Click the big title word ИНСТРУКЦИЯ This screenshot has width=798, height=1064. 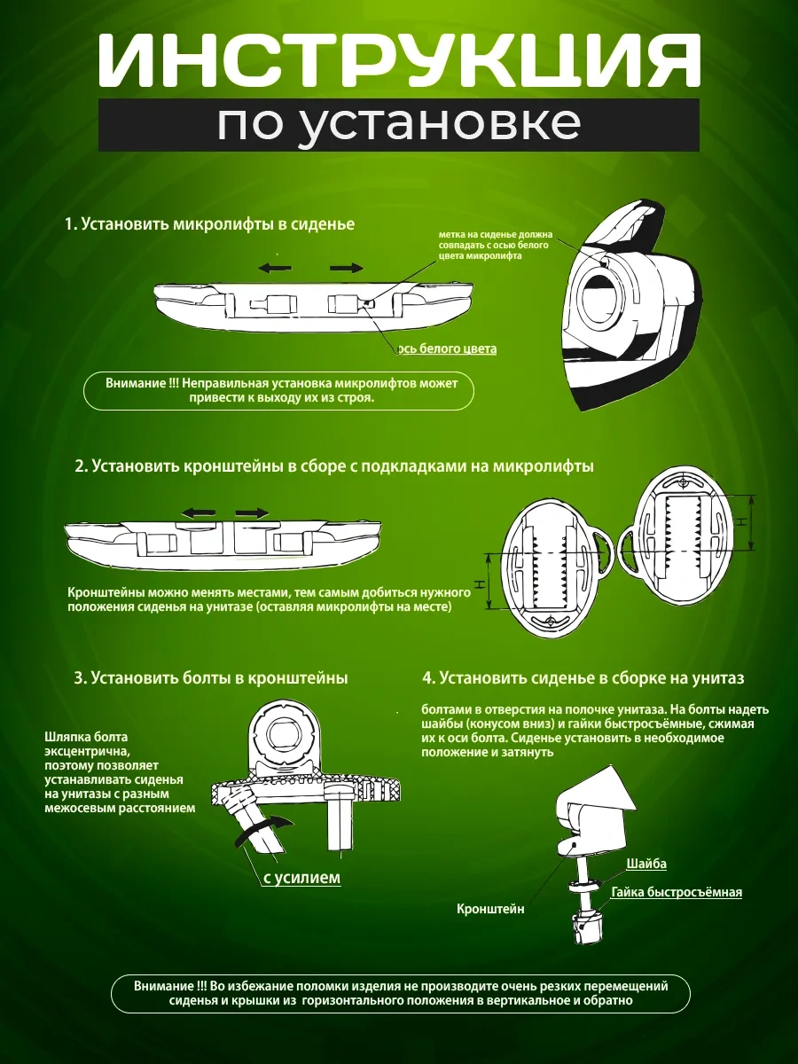(x=399, y=60)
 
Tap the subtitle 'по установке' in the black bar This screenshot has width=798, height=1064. (x=399, y=124)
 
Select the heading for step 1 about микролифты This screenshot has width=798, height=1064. (x=210, y=224)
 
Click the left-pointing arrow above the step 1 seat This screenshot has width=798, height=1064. (x=275, y=268)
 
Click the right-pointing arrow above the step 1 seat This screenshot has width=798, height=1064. (x=347, y=268)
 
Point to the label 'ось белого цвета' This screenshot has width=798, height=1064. (x=447, y=348)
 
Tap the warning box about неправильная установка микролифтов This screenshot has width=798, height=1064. (x=278, y=391)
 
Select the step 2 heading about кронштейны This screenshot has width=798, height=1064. (x=334, y=465)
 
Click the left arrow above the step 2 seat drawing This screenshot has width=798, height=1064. (x=199, y=513)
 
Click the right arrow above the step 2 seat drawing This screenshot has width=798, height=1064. (x=252, y=513)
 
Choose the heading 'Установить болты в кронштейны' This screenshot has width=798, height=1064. (x=211, y=677)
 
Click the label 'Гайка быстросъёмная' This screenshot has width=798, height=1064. (x=677, y=892)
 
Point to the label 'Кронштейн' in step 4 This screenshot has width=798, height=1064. (x=490, y=909)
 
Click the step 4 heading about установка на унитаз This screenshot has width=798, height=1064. (x=583, y=677)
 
